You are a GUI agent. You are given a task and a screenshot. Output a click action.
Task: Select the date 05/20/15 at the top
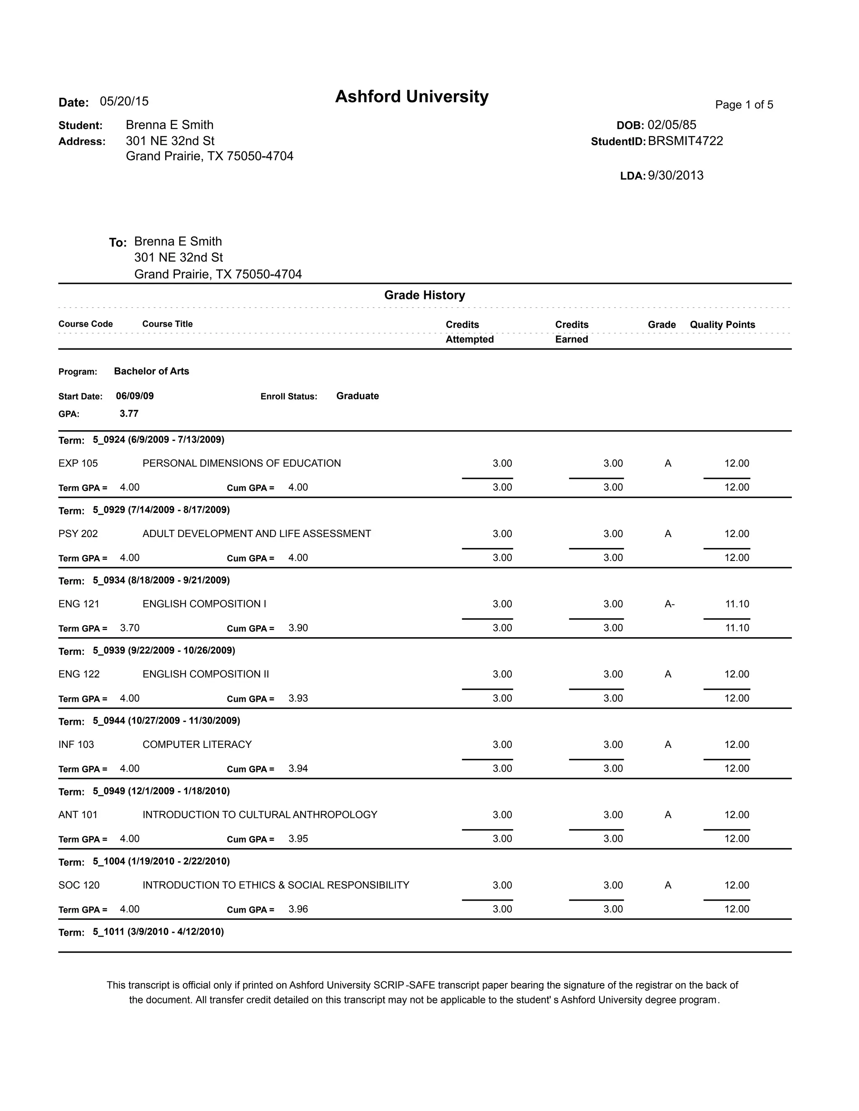[x=124, y=101]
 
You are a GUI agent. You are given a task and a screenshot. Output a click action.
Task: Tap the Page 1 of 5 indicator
[x=744, y=105]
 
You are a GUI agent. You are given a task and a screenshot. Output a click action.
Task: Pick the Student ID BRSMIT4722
[x=685, y=141]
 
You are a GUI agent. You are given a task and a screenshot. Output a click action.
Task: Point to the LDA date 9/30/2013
[x=675, y=176]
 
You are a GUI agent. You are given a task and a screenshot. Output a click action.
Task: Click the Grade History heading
[x=424, y=295]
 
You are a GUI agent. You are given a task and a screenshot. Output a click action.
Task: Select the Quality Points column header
[x=722, y=324]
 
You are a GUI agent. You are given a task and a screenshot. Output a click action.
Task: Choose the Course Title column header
[x=167, y=324]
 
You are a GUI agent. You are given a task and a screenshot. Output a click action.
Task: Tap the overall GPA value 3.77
[x=129, y=413]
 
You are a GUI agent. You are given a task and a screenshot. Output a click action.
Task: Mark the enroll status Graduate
[x=357, y=396]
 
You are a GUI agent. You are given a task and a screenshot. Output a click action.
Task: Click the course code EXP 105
[x=78, y=463]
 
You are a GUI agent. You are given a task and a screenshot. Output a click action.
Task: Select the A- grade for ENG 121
[x=669, y=604]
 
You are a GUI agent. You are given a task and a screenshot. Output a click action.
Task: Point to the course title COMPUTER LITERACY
[x=197, y=744]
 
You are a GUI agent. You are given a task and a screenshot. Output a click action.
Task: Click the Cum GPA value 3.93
[x=298, y=698]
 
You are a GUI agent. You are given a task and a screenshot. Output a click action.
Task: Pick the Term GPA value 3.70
[x=130, y=628]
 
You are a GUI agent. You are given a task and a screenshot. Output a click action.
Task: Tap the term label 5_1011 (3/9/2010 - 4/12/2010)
[x=158, y=932]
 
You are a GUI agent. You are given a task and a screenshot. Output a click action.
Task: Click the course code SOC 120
[x=79, y=885]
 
